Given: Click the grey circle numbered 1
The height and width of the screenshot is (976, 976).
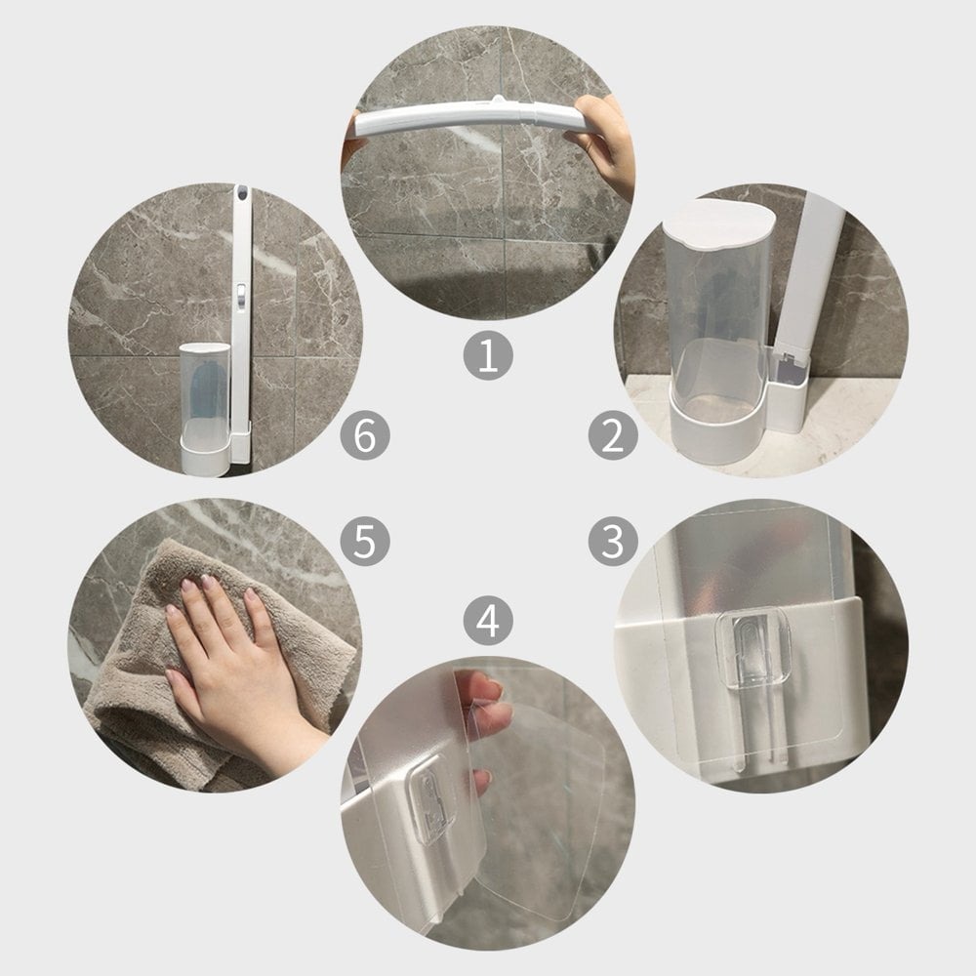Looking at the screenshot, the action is pyautogui.click(x=488, y=355).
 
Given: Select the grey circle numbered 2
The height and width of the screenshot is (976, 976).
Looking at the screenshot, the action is pyautogui.click(x=613, y=435).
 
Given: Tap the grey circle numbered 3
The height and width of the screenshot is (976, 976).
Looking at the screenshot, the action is pyautogui.click(x=613, y=541).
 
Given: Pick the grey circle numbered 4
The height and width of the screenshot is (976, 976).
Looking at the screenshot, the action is pyautogui.click(x=488, y=621).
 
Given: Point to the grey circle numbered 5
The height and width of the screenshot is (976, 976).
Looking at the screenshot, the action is pyautogui.click(x=365, y=541).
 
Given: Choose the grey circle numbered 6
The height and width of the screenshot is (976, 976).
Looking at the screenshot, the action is pyautogui.click(x=365, y=435).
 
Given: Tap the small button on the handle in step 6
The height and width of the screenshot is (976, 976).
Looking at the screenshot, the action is pyautogui.click(x=241, y=290).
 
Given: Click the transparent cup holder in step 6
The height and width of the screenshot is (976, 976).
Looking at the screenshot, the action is pyautogui.click(x=205, y=405).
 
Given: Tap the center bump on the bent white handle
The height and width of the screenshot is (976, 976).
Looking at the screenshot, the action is pyautogui.click(x=498, y=101).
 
